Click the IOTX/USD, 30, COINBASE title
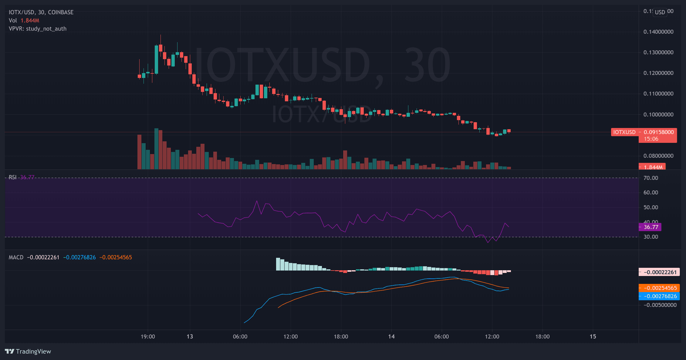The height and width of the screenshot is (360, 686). click(41, 12)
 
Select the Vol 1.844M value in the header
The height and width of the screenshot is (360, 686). click(30, 21)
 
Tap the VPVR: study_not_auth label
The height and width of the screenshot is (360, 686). click(38, 29)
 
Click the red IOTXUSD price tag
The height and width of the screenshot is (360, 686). click(624, 132)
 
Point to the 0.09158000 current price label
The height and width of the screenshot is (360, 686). click(658, 132)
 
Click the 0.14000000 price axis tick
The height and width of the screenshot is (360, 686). click(658, 32)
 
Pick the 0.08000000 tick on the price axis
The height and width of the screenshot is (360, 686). click(658, 156)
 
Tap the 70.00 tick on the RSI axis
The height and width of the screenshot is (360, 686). click(651, 178)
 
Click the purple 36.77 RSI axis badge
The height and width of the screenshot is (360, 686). click(651, 227)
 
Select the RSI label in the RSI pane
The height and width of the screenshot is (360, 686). click(12, 177)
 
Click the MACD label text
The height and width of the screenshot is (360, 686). click(16, 257)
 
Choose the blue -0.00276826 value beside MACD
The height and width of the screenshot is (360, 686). click(79, 257)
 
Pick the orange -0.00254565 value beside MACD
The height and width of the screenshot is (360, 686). click(116, 257)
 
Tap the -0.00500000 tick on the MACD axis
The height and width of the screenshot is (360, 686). click(660, 305)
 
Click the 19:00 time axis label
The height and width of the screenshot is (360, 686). click(148, 337)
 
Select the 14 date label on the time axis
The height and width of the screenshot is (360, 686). click(391, 337)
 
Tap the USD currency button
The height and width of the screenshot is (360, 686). click(660, 12)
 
